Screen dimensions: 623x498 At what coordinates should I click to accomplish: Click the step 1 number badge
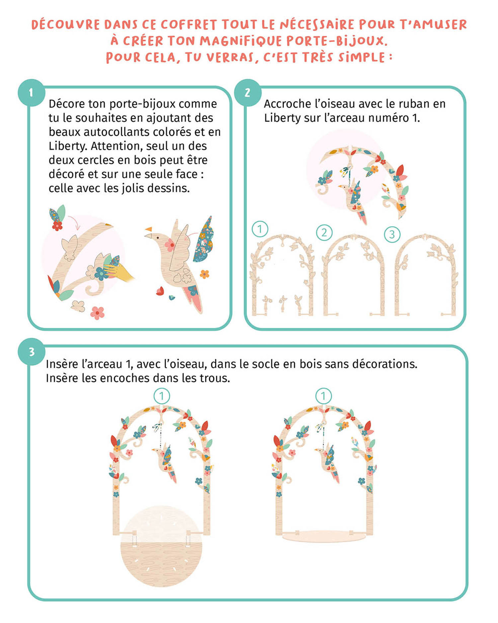pyautogui.click(x=31, y=93)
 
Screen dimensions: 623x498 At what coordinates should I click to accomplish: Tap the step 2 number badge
pyautogui.click(x=248, y=93)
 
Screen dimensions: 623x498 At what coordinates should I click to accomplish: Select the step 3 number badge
pyautogui.click(x=32, y=352)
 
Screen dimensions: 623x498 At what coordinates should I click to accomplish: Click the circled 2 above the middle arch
pyautogui.click(x=324, y=233)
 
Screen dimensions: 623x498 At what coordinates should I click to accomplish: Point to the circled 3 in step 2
pyautogui.click(x=392, y=235)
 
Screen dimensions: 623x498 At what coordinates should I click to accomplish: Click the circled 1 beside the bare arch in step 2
pyautogui.click(x=260, y=229)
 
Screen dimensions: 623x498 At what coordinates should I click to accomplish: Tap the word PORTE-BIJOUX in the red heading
pyautogui.click(x=337, y=41)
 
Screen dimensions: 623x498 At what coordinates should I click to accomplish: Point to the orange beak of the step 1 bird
pyautogui.click(x=148, y=229)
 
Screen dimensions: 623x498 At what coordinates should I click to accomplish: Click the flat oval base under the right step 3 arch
pyautogui.click(x=324, y=536)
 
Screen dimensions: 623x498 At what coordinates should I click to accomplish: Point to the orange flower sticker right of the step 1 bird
pyautogui.click(x=205, y=274)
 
